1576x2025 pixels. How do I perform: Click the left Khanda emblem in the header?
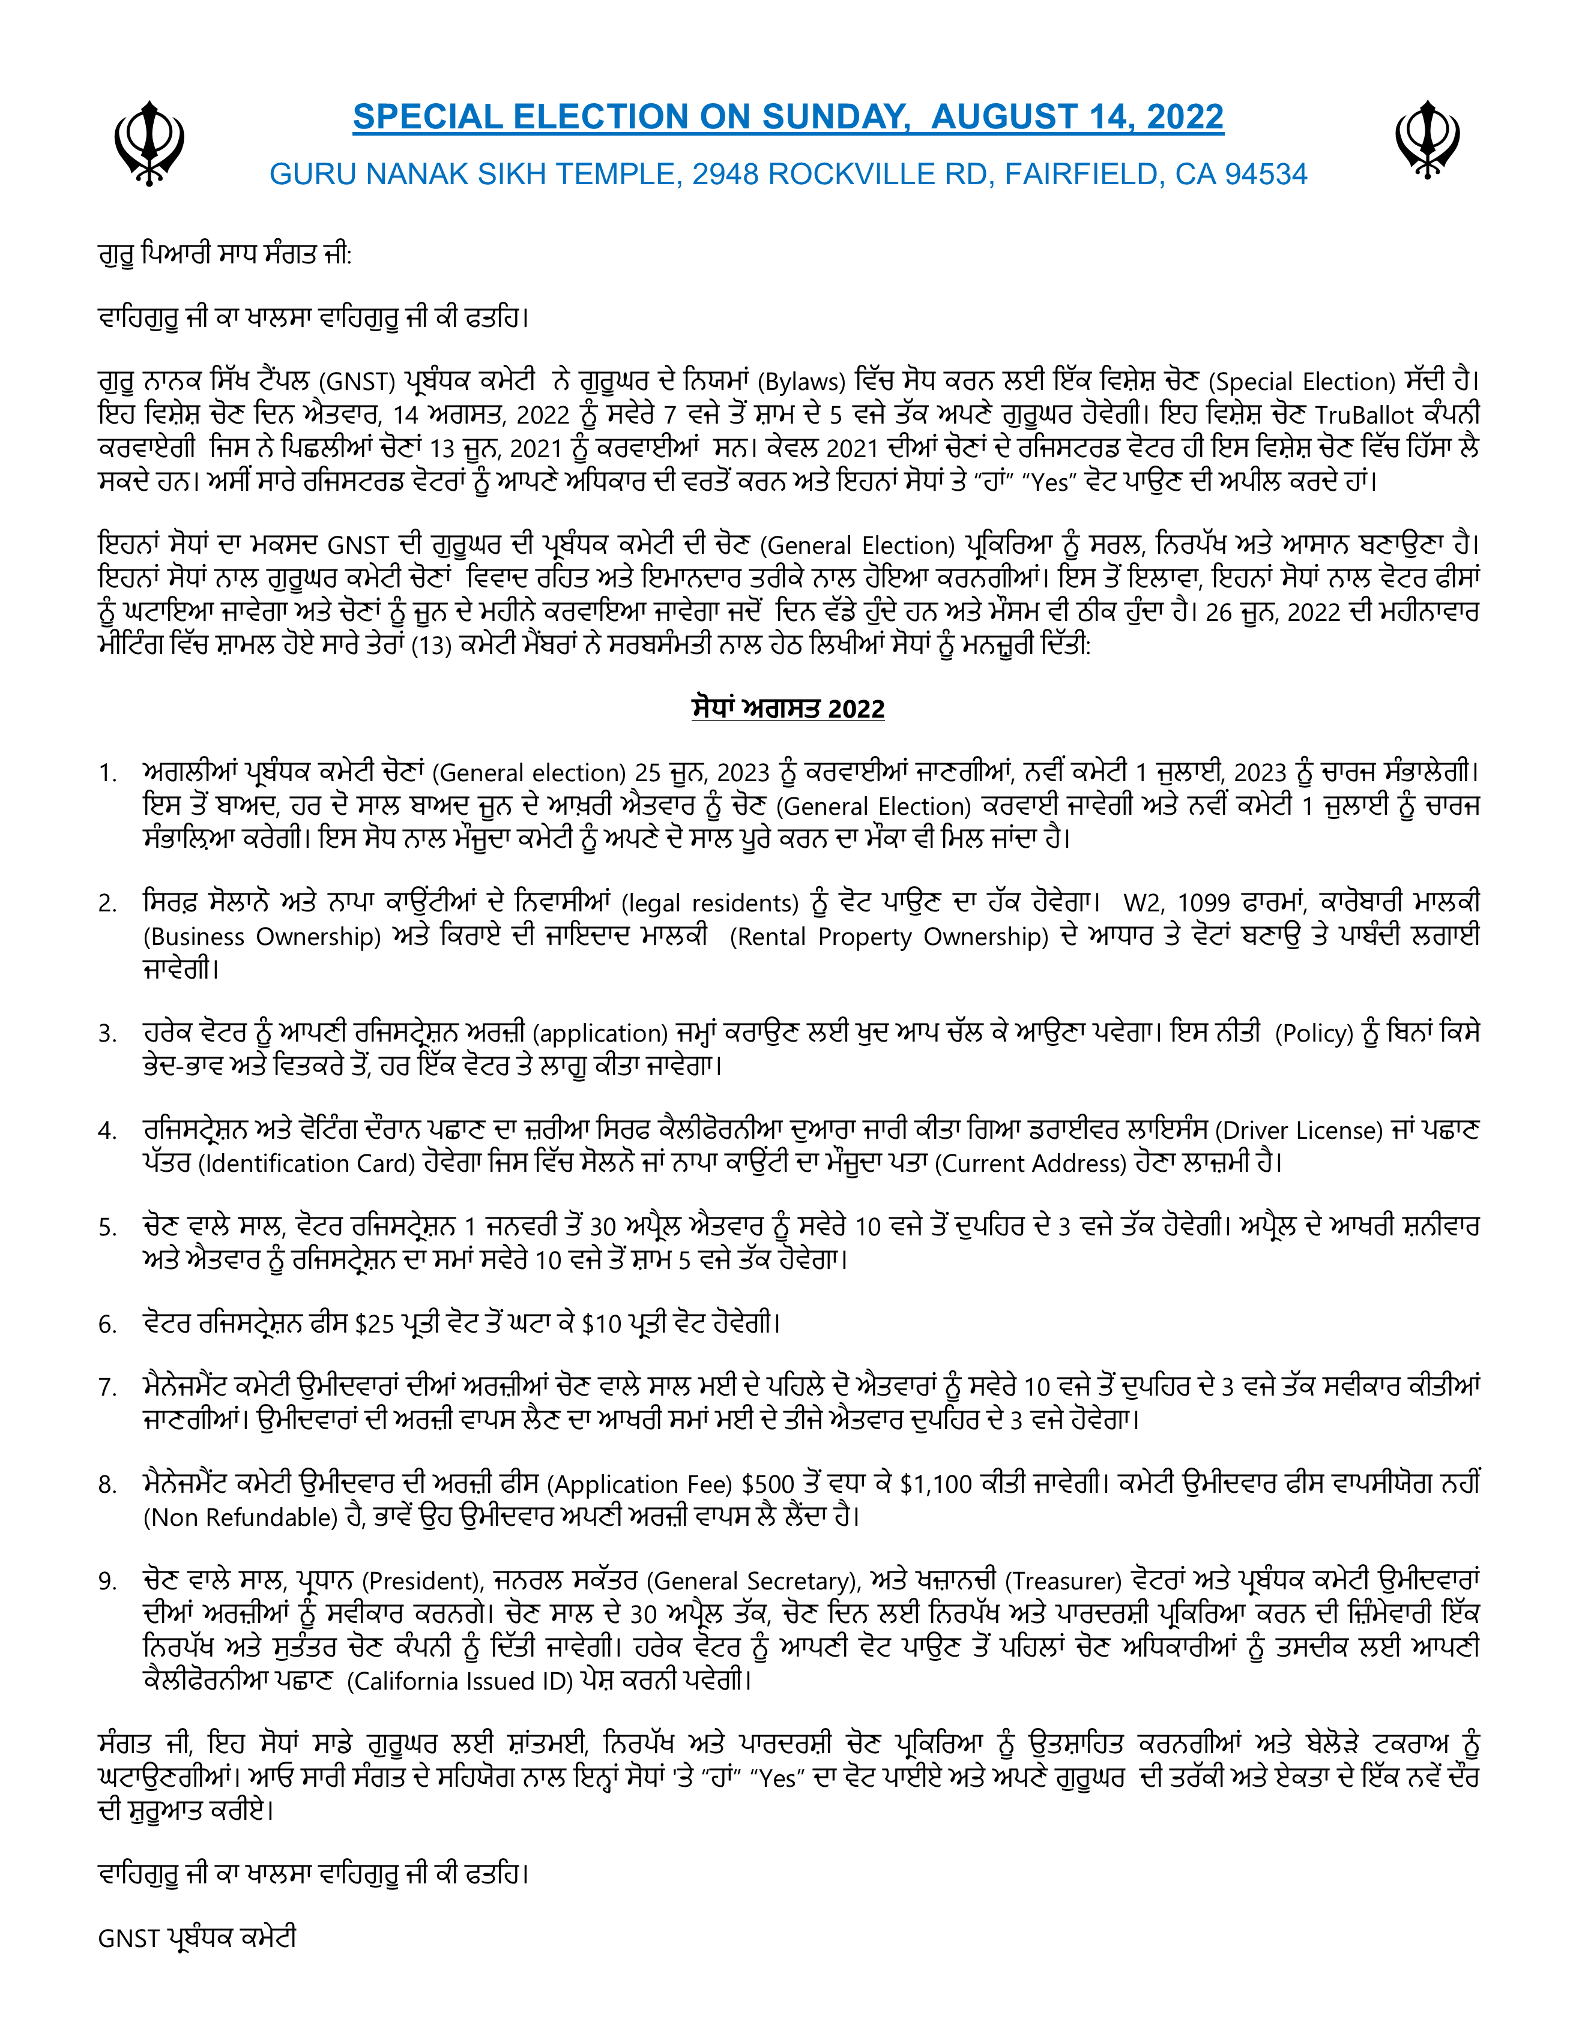pyautogui.click(x=148, y=144)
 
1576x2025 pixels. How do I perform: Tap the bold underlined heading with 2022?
pyautogui.click(x=788, y=709)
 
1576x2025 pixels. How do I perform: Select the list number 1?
pyautogui.click(x=107, y=773)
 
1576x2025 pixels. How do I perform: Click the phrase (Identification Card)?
pyautogui.click(x=306, y=1163)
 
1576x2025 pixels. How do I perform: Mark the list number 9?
pyautogui.click(x=107, y=1581)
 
